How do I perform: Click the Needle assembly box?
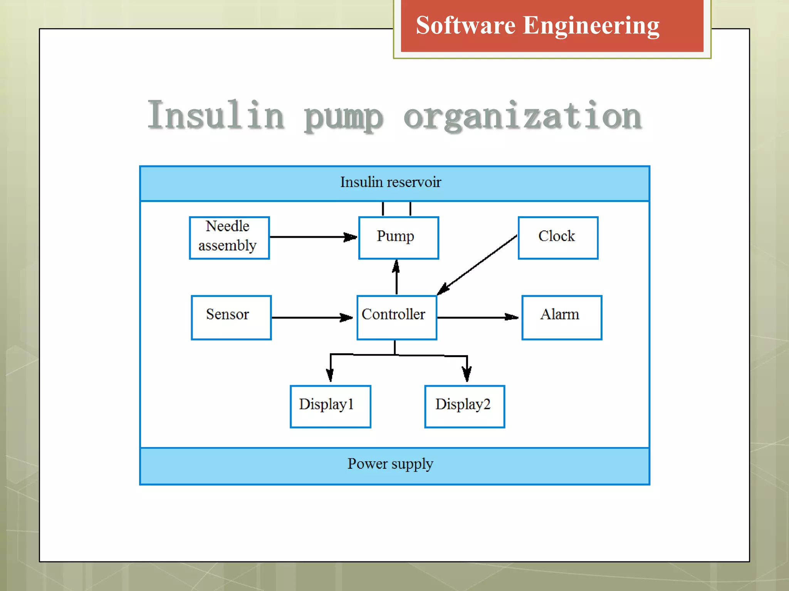(x=229, y=237)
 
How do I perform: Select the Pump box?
(x=398, y=237)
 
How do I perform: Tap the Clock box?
(x=558, y=237)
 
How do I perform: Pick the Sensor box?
(x=231, y=317)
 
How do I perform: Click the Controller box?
(x=396, y=317)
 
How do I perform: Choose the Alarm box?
(x=561, y=317)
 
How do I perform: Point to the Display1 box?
(x=330, y=406)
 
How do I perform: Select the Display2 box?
(x=464, y=406)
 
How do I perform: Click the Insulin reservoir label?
(x=390, y=182)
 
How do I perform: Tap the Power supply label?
(x=390, y=464)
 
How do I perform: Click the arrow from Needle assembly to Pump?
(x=312, y=237)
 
